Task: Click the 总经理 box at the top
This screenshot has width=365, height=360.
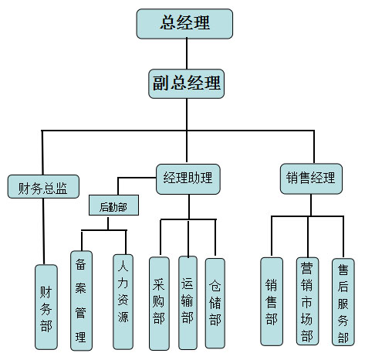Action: coord(184,24)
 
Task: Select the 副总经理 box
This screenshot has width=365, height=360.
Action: coord(186,83)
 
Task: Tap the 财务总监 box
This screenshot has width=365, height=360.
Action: coord(43,187)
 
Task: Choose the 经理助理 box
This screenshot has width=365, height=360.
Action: coord(188,179)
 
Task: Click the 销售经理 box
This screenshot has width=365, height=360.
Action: coord(311,178)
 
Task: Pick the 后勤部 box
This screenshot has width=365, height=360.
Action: coord(113,205)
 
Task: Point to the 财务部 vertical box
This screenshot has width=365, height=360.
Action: coord(46,307)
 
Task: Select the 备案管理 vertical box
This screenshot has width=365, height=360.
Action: coord(81,301)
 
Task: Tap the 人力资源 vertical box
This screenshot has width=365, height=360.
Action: coord(123,302)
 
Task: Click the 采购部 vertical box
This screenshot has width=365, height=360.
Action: coord(159,304)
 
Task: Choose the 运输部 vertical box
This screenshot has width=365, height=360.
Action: coord(188,303)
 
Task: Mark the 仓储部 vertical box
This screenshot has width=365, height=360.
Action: coord(215,303)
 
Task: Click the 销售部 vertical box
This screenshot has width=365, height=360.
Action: coord(272,301)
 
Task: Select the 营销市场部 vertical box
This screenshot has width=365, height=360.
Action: coord(307,301)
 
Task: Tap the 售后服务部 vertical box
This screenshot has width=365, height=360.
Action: coord(343,302)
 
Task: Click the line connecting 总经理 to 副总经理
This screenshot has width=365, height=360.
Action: coord(187,54)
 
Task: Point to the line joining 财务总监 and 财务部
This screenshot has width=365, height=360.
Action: coord(43,232)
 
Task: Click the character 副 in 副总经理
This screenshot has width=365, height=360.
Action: coord(161,83)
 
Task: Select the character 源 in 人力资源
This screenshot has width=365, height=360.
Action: coord(123,318)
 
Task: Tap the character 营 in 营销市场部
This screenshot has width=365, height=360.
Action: coord(307,269)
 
